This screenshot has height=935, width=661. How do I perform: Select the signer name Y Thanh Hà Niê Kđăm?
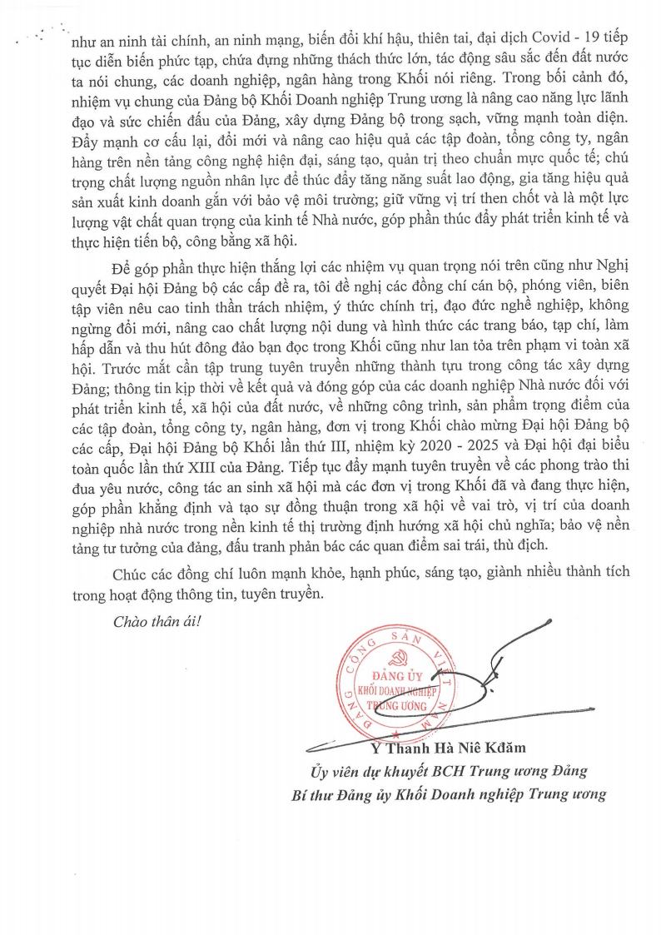(456, 748)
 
